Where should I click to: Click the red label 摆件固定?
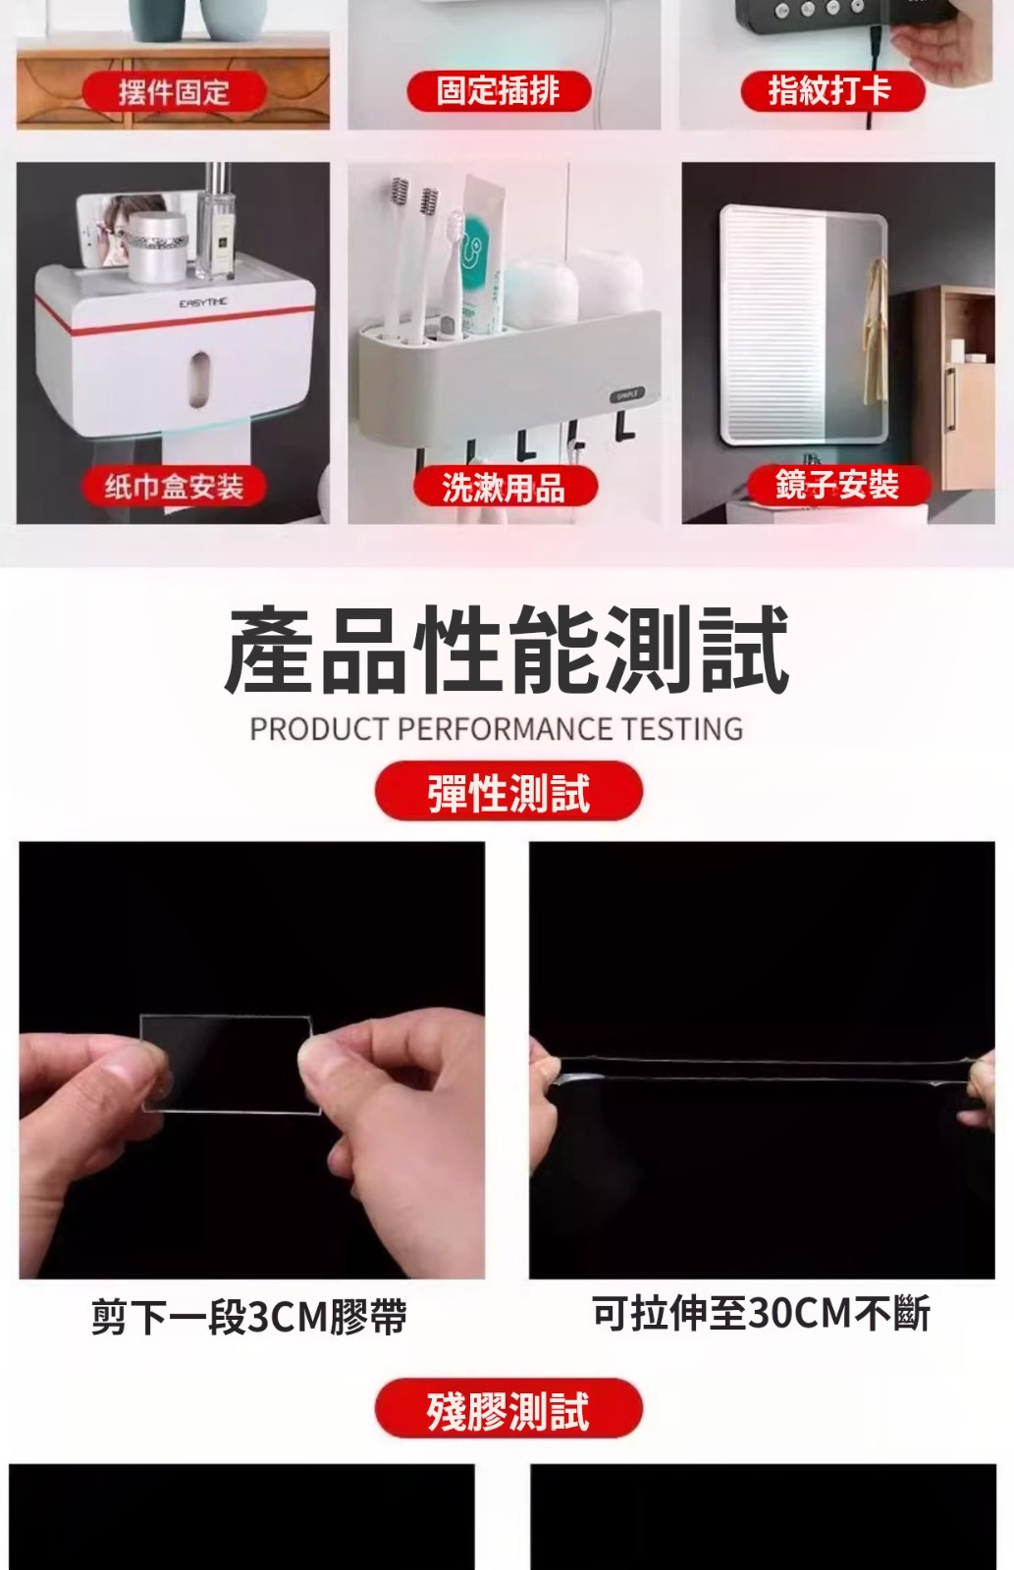[x=174, y=92]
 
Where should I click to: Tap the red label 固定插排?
[x=499, y=91]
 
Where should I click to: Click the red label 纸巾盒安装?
[x=174, y=486]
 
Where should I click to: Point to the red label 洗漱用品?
[x=505, y=487]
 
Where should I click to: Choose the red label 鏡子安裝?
[x=838, y=485]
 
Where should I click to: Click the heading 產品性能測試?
[x=507, y=650]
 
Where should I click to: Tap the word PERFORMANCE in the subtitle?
[x=505, y=729]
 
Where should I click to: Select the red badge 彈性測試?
[x=508, y=792]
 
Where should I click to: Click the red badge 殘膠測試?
[x=508, y=1409]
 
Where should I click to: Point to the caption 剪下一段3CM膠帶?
[x=249, y=1316]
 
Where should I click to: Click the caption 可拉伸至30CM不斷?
[x=762, y=1313]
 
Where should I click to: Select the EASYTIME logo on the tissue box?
[x=203, y=302]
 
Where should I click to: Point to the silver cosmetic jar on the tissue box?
[x=158, y=246]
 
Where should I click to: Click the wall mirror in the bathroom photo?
[x=804, y=325]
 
